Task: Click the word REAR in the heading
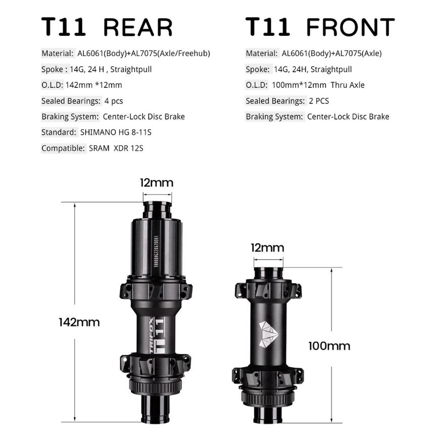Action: [137, 27]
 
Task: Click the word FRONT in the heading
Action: [350, 27]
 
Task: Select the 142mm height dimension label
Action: [79, 322]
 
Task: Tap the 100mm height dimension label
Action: [329, 346]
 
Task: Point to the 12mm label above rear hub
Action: [157, 182]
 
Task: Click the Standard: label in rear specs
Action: [59, 132]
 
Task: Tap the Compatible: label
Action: [63, 148]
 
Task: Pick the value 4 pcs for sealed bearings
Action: [114, 101]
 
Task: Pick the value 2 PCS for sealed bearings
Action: [319, 101]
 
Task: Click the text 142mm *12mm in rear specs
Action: [94, 85]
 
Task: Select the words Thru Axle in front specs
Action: [348, 85]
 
